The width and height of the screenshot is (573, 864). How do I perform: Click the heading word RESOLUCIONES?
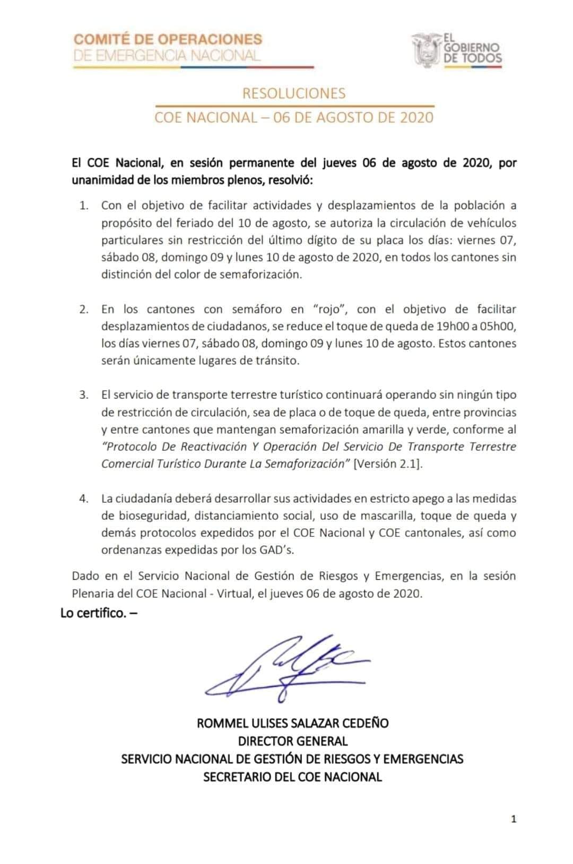point(293,93)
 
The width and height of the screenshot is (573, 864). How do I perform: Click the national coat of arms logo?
point(427,49)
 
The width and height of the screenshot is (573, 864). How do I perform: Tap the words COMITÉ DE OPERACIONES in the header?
point(168,39)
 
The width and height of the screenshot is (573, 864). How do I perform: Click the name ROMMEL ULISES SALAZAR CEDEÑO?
point(292,723)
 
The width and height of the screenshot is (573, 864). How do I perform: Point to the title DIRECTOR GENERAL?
point(292,741)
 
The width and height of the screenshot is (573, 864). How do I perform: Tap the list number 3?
point(84,395)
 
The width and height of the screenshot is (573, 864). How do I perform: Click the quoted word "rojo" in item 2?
point(330,309)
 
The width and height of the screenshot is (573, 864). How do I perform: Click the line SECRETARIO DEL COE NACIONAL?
point(292,777)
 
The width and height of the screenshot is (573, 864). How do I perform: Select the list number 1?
point(84,206)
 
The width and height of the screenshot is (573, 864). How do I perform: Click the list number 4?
point(84,499)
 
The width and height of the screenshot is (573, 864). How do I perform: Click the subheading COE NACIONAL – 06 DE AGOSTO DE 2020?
point(293,117)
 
